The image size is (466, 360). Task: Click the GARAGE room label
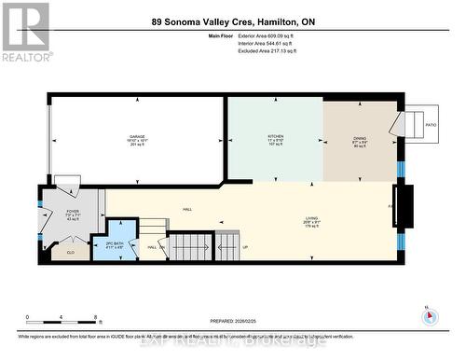pos(137,137)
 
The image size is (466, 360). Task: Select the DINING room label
pos(360,140)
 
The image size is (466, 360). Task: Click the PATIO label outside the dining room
pos(431,124)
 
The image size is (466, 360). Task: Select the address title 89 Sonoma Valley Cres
pos(233,21)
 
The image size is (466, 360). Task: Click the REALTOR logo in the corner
pos(25,31)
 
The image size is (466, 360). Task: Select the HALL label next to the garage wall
pos(187,209)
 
